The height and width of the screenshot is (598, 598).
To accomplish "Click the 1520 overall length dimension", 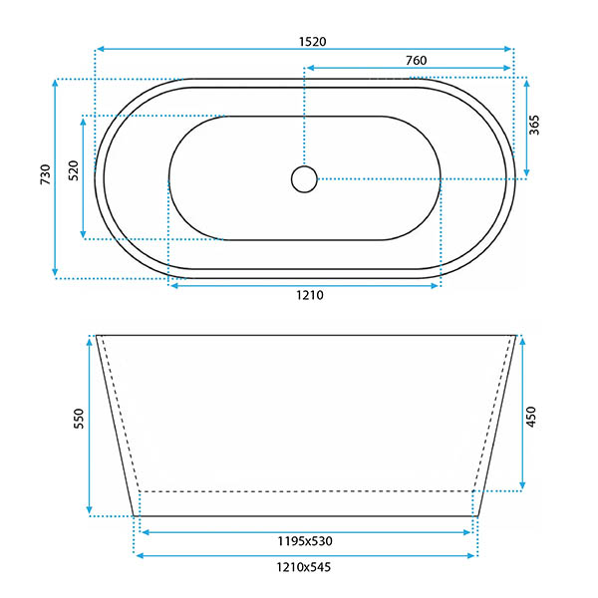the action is (x=312, y=42).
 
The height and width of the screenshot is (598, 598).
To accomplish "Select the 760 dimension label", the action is (x=416, y=60).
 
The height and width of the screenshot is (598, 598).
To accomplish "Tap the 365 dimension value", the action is (x=534, y=125).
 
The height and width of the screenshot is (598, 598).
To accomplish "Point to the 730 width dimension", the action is (x=46, y=173).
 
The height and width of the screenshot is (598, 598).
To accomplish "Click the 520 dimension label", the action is (x=73, y=170).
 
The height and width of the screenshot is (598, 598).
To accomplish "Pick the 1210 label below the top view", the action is (x=310, y=295).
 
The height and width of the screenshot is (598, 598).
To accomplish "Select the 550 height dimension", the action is (x=79, y=419).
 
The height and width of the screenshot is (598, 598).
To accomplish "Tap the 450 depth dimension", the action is (x=531, y=417).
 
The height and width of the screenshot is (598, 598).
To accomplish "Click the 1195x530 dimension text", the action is (x=305, y=541).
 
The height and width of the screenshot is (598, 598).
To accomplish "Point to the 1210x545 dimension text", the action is (x=304, y=567).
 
